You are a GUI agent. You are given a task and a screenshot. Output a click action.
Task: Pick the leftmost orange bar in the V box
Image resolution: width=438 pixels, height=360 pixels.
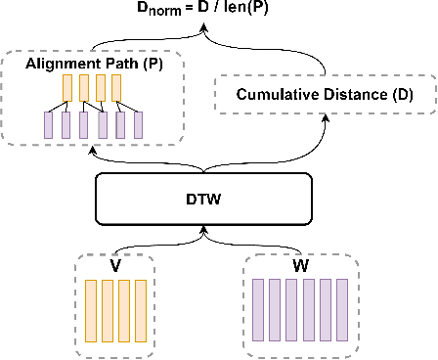(x=91, y=307)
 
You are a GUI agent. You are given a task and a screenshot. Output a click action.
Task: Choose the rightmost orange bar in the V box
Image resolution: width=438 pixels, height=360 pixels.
(x=140, y=307)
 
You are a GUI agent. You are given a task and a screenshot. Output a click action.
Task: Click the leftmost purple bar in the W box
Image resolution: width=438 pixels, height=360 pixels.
(x=258, y=307)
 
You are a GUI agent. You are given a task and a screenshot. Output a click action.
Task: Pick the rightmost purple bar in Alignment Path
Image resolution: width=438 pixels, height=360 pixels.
(x=138, y=124)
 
